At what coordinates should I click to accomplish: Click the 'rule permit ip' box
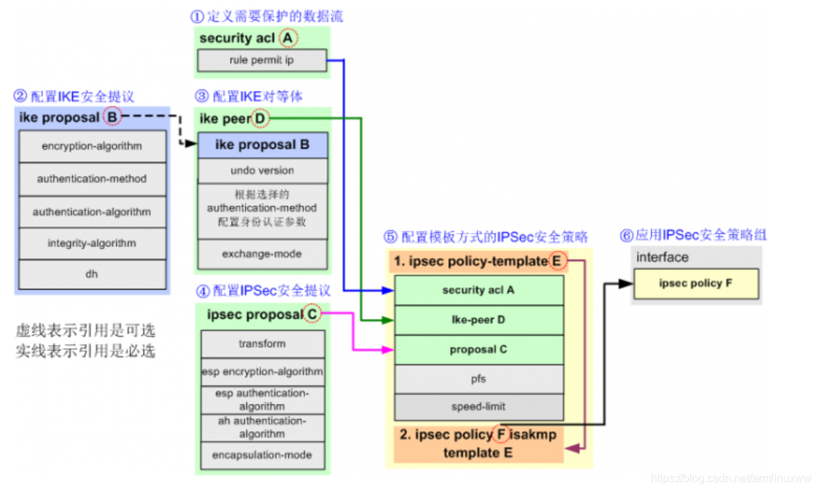coord(261,61)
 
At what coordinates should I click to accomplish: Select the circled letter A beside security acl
coord(287,38)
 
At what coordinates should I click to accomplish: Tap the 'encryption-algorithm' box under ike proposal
coord(92,146)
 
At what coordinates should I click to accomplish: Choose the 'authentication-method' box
coord(92,179)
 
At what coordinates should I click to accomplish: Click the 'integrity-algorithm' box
coord(92,243)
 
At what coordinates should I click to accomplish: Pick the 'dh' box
coord(92,274)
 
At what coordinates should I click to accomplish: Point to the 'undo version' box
coord(262,170)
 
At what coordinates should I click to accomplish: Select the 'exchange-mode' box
coord(262,254)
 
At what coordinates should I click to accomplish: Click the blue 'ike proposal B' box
coord(262,145)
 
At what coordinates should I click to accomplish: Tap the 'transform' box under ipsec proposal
coord(262,343)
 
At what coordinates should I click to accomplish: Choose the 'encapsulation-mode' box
coord(262,455)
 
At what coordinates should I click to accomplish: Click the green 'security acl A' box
coord(478,290)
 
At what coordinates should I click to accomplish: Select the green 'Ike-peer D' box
coord(478,320)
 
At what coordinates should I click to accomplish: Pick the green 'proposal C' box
coord(478,349)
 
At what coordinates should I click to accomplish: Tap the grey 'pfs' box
coord(478,378)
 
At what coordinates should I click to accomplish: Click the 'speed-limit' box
coord(478,406)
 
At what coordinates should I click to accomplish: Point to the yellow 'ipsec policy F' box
coord(696,284)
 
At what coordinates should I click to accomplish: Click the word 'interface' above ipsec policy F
coord(662,257)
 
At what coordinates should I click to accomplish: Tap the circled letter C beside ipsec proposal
coord(311,315)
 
